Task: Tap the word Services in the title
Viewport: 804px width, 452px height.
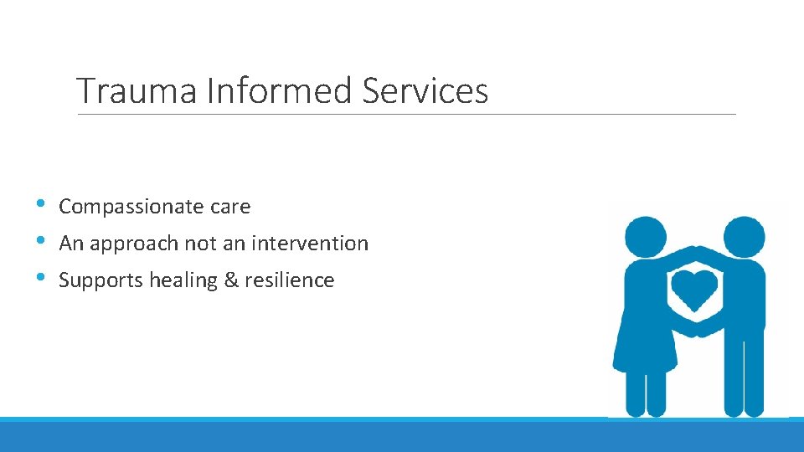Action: coord(425,90)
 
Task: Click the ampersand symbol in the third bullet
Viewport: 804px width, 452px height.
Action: coord(231,280)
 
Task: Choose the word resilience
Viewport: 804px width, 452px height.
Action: coord(290,280)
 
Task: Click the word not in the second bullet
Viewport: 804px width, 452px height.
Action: coord(198,244)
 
